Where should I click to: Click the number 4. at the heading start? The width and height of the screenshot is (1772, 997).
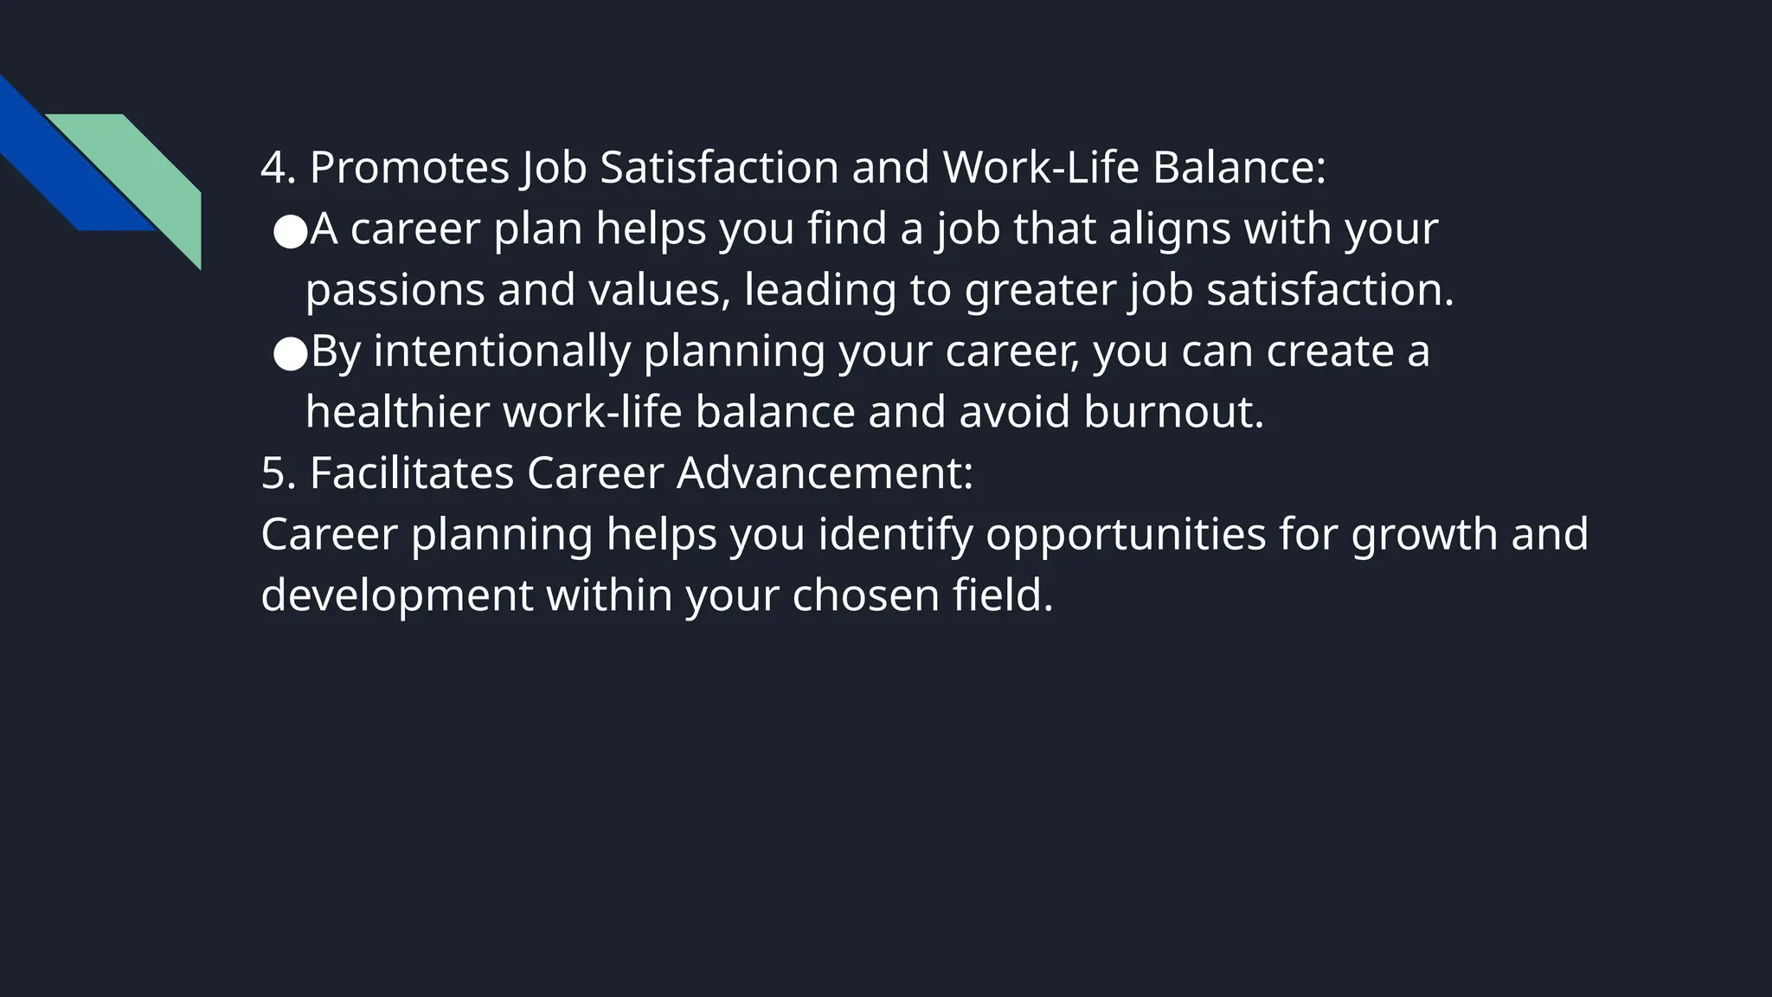(278, 168)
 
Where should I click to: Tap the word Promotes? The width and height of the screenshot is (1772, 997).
(409, 168)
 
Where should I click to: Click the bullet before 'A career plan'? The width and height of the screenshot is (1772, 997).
(290, 231)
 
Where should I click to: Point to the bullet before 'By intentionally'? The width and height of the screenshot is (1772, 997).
(290, 353)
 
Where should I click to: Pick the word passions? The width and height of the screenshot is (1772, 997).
(395, 292)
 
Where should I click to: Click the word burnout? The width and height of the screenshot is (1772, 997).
(1173, 412)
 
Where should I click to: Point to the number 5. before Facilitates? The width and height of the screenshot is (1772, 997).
(278, 473)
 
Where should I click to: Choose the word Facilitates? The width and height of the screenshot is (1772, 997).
(412, 473)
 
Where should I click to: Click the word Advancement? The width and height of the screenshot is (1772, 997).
(825, 473)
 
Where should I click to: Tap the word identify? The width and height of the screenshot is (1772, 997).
(896, 535)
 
